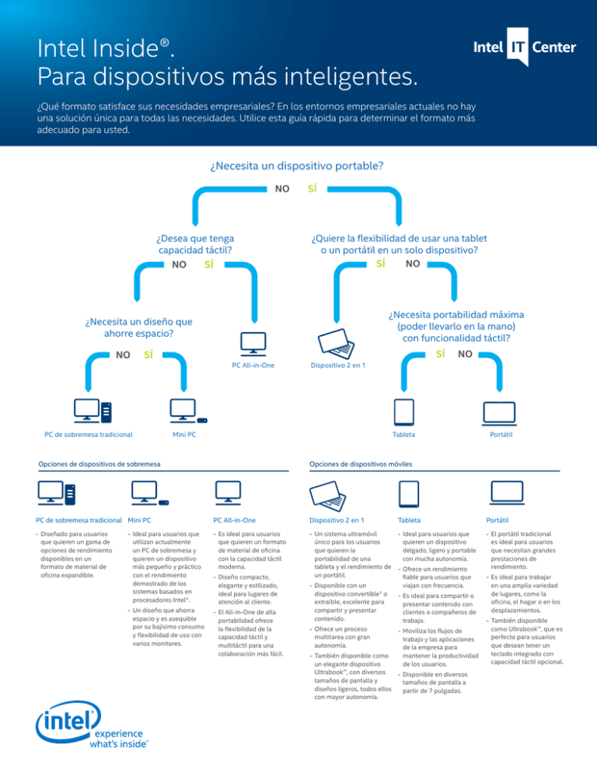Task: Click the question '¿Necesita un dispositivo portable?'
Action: [298, 166]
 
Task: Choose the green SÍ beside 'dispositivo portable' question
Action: [312, 188]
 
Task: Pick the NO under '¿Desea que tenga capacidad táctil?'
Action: [179, 266]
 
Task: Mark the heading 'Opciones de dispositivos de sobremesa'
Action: [99, 463]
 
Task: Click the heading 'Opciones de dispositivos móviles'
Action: [360, 463]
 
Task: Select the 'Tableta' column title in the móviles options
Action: [410, 519]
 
